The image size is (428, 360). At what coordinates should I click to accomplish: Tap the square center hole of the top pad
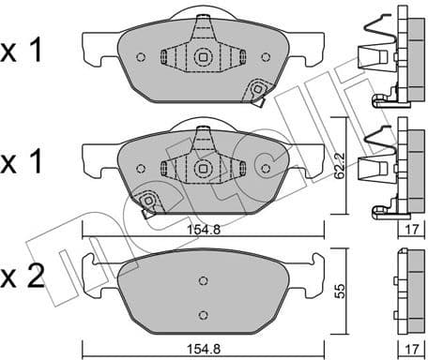[x=203, y=57]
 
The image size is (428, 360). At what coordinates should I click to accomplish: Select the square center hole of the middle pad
[x=203, y=169]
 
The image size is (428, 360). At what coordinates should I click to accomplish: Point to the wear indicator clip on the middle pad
[x=146, y=203]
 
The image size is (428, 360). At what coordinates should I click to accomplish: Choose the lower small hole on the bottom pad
[x=203, y=314]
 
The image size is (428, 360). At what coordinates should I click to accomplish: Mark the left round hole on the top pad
[x=140, y=57]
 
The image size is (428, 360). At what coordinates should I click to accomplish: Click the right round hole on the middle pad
[x=266, y=169]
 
